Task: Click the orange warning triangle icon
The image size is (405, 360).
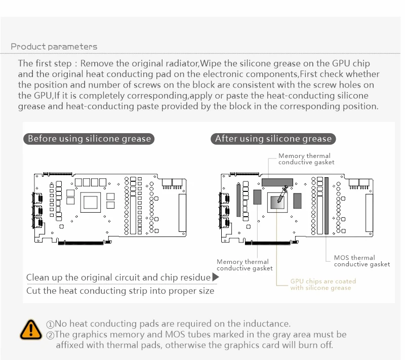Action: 31,329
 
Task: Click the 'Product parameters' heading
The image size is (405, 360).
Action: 54,47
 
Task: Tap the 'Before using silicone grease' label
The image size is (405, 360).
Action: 89,139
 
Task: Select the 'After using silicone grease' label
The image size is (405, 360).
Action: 273,139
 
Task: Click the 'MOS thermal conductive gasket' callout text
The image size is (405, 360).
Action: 361,261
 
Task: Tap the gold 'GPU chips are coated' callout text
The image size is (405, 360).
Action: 322,285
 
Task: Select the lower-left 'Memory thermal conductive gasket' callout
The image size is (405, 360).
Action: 245,265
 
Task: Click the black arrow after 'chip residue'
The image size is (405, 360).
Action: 215,277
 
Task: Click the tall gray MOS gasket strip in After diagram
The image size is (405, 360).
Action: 327,205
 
